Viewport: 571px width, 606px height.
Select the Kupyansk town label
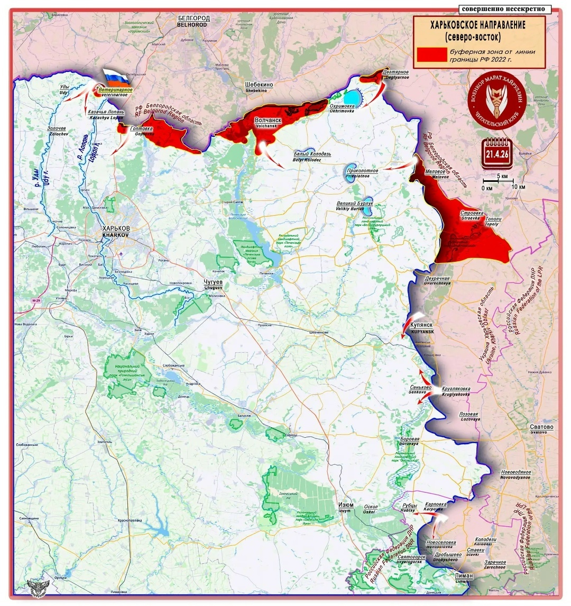pyautogui.click(x=421, y=327)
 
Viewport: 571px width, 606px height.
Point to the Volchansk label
pyautogui.click(x=268, y=123)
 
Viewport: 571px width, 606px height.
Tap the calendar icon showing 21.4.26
pyautogui.click(x=496, y=153)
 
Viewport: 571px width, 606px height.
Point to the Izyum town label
pyautogui.click(x=346, y=507)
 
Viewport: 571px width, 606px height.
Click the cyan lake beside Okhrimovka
pyautogui.click(x=351, y=98)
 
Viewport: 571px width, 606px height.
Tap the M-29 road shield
pyautogui.click(x=36, y=301)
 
